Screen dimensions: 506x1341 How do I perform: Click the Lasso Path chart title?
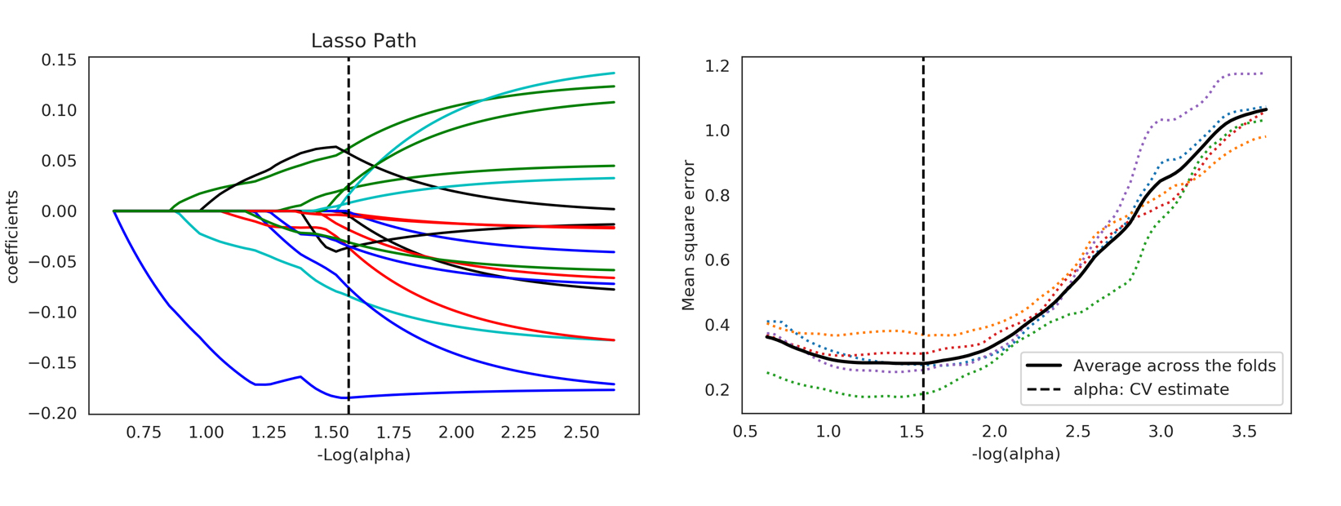pos(363,41)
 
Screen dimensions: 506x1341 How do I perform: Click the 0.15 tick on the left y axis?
pos(59,60)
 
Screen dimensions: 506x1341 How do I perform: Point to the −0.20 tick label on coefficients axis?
pos(52,414)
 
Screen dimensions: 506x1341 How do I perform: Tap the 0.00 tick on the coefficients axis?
pos(59,211)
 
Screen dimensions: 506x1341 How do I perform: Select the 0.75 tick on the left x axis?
pos(143,432)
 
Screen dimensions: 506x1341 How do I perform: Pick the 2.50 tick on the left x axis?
pos(581,432)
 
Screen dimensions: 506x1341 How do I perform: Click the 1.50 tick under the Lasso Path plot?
pos(331,432)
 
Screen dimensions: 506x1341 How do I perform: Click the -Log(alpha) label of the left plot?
pos(363,455)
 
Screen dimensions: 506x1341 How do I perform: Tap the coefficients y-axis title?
pos(12,237)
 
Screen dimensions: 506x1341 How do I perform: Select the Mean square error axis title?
pos(688,235)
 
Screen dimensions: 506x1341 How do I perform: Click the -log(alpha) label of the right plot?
pos(1016,454)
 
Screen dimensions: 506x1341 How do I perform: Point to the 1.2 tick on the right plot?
pos(717,66)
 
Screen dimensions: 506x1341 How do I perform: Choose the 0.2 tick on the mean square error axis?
pos(717,390)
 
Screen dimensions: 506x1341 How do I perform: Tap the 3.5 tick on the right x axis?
pos(1244,432)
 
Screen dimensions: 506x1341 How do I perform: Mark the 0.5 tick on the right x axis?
pos(745,432)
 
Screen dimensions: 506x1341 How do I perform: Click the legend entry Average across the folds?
pos(1174,366)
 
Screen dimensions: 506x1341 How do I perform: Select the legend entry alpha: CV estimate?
pos(1151,390)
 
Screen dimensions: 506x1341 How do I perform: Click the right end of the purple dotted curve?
pos(1263,73)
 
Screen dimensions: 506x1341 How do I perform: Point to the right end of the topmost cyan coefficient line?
pos(614,73)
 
